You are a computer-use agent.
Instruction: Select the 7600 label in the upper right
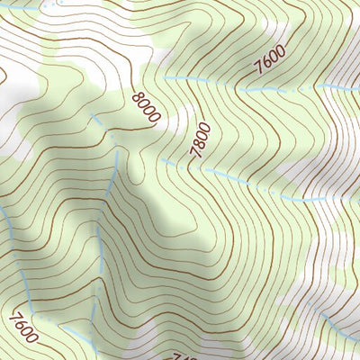click(x=269, y=61)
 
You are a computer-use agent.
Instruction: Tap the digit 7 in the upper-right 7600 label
click(x=258, y=69)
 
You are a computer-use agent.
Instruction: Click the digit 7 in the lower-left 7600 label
click(x=12, y=314)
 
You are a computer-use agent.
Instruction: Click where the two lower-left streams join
click(x=99, y=270)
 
